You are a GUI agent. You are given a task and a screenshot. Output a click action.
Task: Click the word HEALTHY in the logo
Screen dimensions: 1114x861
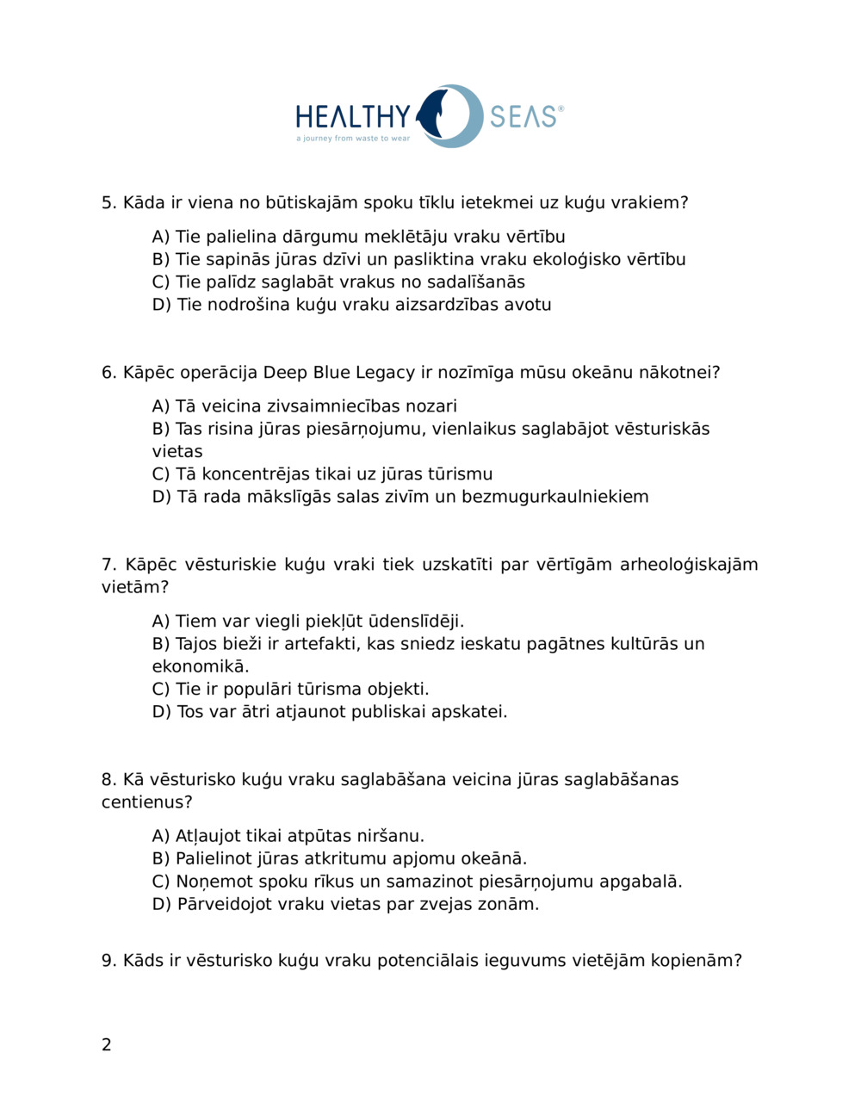pos(353,116)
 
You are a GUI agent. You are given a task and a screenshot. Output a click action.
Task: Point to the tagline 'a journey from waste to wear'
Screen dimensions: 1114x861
pos(353,139)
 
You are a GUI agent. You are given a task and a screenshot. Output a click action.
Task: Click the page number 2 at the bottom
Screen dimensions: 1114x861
pos(107,1045)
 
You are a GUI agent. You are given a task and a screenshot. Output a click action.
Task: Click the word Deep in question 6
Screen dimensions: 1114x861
pos(284,373)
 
